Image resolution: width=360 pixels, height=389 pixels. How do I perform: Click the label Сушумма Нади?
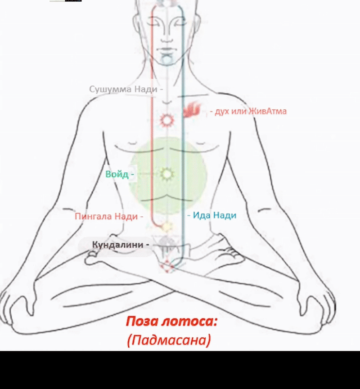point(123,89)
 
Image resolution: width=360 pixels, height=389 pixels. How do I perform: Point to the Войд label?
point(117,174)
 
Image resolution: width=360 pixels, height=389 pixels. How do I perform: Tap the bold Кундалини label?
point(118,245)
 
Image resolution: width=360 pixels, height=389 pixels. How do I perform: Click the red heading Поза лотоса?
point(171,322)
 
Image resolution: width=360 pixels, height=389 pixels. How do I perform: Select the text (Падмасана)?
point(169,340)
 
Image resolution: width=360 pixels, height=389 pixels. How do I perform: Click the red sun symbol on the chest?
point(167,120)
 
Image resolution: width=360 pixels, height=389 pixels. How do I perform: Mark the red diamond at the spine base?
point(167,266)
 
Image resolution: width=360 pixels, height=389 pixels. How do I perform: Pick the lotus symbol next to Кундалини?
point(167,245)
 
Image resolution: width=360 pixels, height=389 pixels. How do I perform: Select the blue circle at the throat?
point(167,59)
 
